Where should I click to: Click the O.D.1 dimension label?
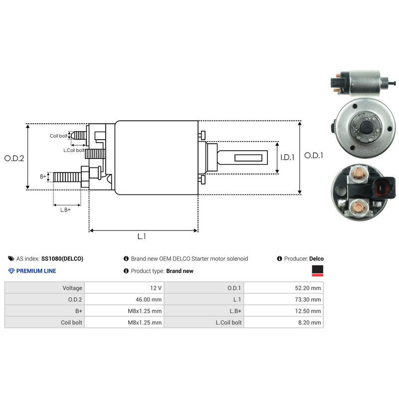[314, 156]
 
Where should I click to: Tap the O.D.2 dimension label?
[14, 158]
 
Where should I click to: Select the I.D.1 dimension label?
[287, 157]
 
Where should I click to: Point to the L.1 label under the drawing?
[142, 237]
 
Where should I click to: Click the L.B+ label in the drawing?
[65, 210]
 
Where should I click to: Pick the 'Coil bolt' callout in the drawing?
[58, 136]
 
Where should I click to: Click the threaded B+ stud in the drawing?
[67, 177]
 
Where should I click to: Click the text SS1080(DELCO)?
[62, 259]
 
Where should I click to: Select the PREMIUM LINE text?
[36, 271]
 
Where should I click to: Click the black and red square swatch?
[317, 271]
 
